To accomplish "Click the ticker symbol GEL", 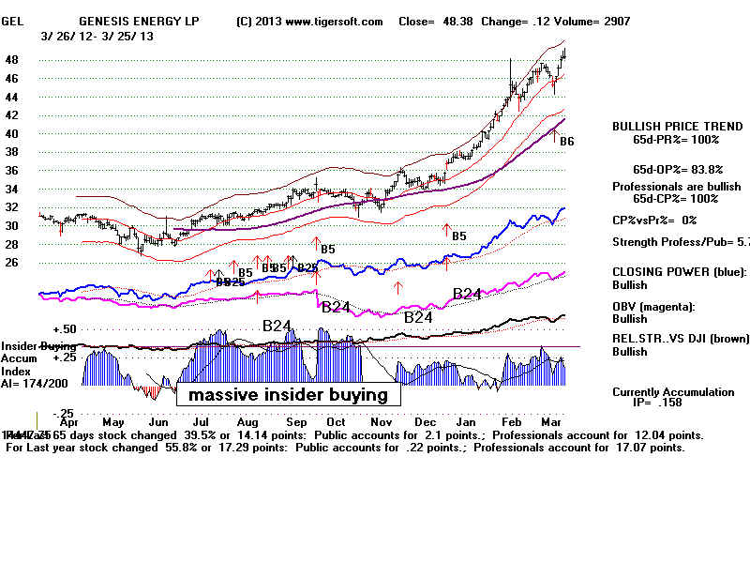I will pyautogui.click(x=12, y=22).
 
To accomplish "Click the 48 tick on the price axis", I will pyautogui.click(x=13, y=59).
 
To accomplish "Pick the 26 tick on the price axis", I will pyautogui.click(x=13, y=263).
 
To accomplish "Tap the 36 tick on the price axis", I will pyautogui.click(x=13, y=170).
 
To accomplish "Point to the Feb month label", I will pyautogui.click(x=512, y=422).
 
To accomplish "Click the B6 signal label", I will pyautogui.click(x=566, y=141).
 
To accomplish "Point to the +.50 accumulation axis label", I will pyautogui.click(x=64, y=329).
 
